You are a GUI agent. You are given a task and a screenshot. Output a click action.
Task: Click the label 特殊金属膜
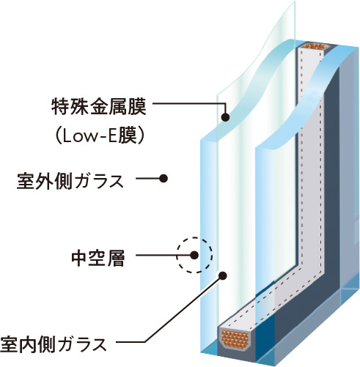click(x=99, y=107)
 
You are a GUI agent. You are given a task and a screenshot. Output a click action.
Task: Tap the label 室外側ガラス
click(x=70, y=181)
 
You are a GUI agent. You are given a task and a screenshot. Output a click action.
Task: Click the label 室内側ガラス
click(x=54, y=344)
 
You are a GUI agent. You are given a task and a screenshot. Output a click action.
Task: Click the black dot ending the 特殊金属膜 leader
click(x=225, y=117)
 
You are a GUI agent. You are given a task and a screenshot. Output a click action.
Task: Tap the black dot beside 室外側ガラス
click(x=164, y=179)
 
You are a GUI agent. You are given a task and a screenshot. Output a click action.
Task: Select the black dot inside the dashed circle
click(x=194, y=256)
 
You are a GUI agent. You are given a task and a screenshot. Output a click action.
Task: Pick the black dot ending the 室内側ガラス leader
click(x=223, y=276)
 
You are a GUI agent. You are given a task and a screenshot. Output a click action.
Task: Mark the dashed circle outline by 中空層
click(x=212, y=256)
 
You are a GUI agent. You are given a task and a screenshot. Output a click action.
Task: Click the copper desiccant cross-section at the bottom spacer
click(x=235, y=340)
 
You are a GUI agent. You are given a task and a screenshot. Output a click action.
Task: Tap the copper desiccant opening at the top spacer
click(x=315, y=46)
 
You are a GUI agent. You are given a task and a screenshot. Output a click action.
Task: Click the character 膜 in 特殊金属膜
click(x=138, y=107)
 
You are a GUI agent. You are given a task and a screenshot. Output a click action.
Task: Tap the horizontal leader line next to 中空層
click(x=163, y=256)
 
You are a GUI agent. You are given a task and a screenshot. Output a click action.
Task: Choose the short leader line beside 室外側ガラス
click(x=147, y=179)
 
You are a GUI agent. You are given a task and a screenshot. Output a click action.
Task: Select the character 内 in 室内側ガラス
click(x=27, y=344)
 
